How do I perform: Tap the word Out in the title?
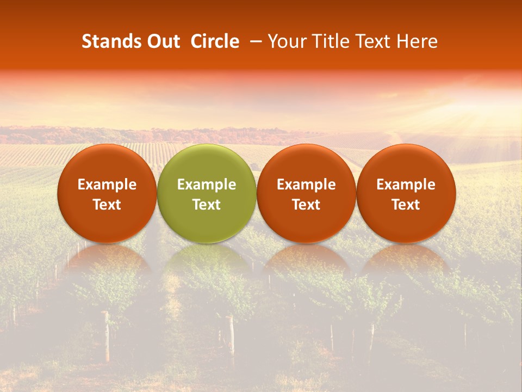162,41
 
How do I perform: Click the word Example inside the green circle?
207,185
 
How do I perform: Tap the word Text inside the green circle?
207,205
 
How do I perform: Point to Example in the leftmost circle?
107,185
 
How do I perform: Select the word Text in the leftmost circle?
107,205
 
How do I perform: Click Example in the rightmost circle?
406,185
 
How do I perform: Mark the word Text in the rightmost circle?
406,205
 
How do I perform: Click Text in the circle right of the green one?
306,205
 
